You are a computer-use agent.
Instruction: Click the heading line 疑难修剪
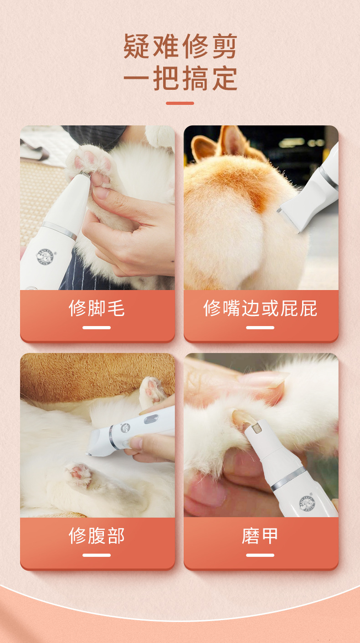(x=180, y=46)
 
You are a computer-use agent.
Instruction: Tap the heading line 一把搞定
(x=180, y=78)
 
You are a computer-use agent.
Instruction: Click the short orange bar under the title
(x=180, y=104)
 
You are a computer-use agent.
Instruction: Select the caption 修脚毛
(x=97, y=308)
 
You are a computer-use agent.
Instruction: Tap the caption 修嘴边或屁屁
(x=260, y=308)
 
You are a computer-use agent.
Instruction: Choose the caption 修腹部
(x=97, y=536)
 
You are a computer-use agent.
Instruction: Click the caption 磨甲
(x=260, y=536)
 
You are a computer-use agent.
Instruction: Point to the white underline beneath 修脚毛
(x=97, y=327)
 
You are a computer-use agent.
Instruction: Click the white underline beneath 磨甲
(x=260, y=555)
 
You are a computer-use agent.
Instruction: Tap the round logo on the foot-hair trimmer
(x=45, y=256)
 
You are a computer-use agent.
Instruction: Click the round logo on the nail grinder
(x=307, y=503)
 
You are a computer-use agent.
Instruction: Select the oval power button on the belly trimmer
(x=150, y=420)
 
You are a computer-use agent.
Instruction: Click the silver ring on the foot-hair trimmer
(x=59, y=230)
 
